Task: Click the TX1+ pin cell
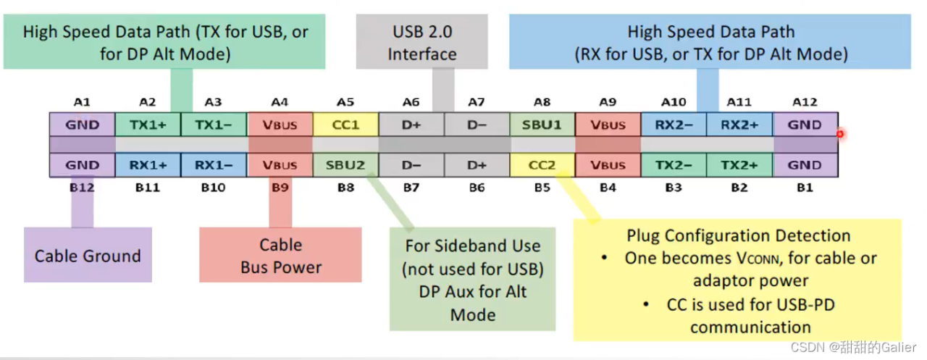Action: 148,125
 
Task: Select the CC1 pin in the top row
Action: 345,125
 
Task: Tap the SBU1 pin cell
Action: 542,125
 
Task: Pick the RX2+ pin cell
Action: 739,125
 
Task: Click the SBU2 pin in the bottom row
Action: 345,165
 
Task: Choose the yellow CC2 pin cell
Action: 542,165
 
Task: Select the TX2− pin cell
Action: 674,165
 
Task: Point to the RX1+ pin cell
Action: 148,165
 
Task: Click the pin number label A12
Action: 805,103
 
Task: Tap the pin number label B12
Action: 82,188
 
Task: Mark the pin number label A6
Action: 411,103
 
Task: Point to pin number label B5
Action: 542,188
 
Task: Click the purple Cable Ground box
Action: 88,256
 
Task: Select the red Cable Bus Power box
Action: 280,256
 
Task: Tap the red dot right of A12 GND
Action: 840,134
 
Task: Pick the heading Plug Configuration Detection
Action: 738,235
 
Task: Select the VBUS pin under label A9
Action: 608,125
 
